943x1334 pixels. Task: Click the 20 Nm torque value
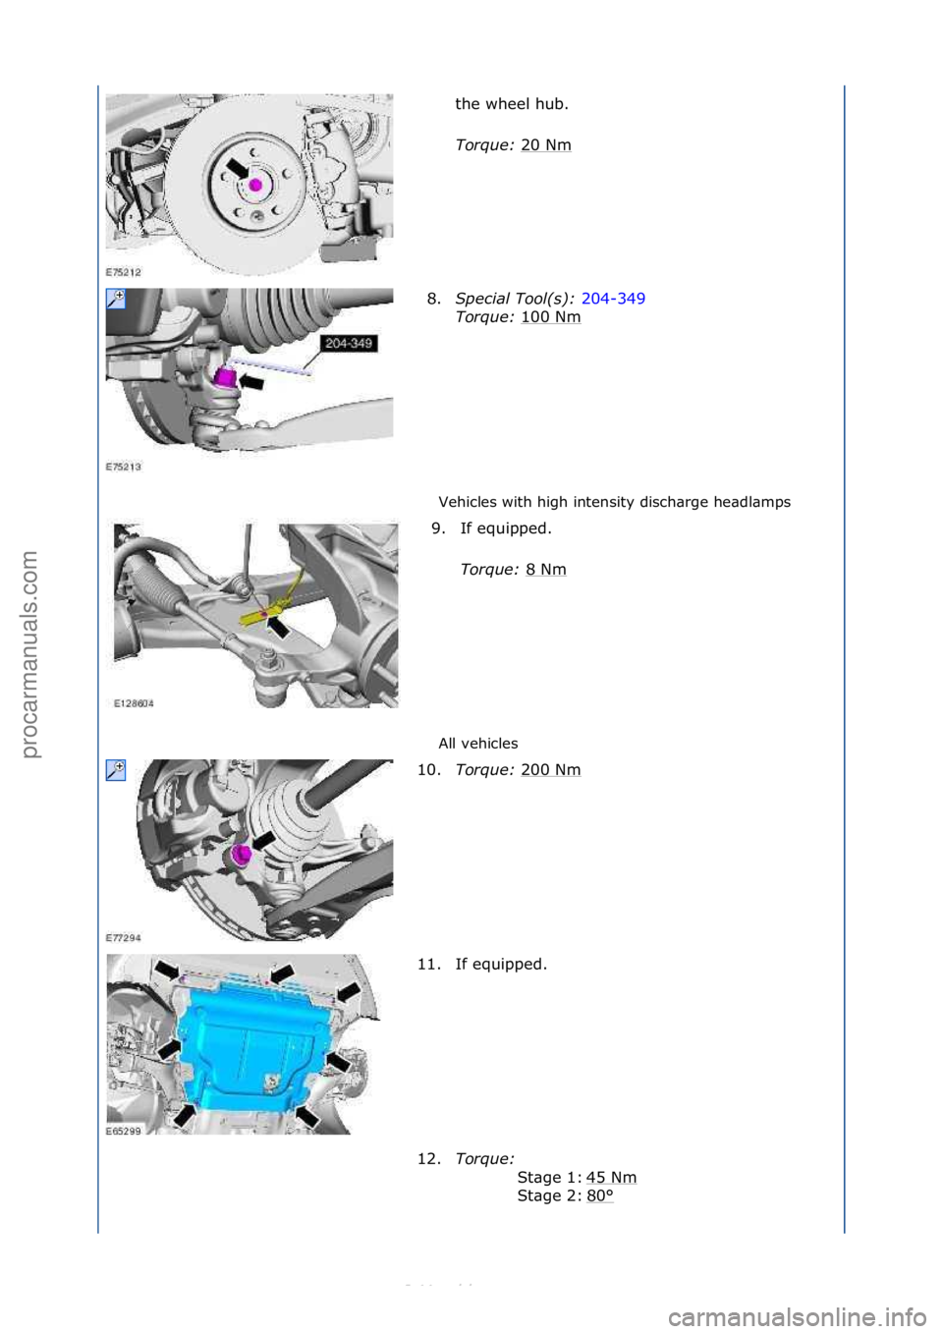point(545,145)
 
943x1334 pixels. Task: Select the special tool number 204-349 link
point(613,299)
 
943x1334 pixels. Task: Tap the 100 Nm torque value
point(550,317)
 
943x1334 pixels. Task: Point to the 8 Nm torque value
point(545,570)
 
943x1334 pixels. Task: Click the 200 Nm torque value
point(550,770)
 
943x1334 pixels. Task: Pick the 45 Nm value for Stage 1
point(611,1178)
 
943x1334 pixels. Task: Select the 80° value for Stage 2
point(599,1196)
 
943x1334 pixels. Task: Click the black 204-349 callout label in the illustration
point(349,344)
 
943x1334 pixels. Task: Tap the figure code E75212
point(124,272)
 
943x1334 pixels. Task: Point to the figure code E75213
point(124,467)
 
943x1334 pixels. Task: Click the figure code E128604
point(134,703)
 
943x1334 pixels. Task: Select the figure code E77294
point(124,938)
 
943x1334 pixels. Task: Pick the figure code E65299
point(124,1132)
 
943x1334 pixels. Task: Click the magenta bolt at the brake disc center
point(255,185)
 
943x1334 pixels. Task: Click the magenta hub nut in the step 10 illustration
point(241,855)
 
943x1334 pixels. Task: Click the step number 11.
point(428,965)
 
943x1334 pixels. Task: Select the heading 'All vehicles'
point(477,744)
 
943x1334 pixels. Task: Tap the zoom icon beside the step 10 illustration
point(116,771)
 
